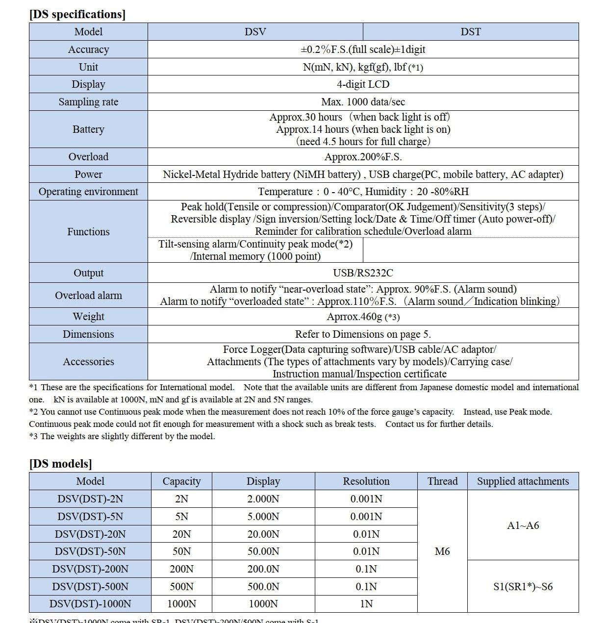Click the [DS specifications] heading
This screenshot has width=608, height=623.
[77, 14]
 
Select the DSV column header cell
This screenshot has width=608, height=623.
[255, 32]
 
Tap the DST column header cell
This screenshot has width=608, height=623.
[470, 32]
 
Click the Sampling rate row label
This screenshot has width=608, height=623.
[88, 102]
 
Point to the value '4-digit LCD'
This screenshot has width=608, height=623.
[363, 84]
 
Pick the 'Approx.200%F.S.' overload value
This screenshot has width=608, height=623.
[363, 157]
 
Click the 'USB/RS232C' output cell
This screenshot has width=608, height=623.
[363, 273]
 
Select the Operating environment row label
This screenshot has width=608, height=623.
[88, 192]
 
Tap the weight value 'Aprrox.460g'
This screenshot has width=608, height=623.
[355, 317]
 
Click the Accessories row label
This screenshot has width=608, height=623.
[88, 362]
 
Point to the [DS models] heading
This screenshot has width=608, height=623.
[60, 464]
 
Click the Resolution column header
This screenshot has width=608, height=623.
[366, 481]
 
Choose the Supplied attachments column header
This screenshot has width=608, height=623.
[523, 481]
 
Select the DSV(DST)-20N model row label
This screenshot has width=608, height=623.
[90, 534]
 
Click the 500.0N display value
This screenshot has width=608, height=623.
[263, 587]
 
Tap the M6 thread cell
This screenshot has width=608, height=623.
[442, 551]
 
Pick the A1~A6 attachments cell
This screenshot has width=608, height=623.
[523, 525]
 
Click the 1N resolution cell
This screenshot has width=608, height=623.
[366, 604]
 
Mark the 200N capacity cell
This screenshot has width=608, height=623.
[181, 569]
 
